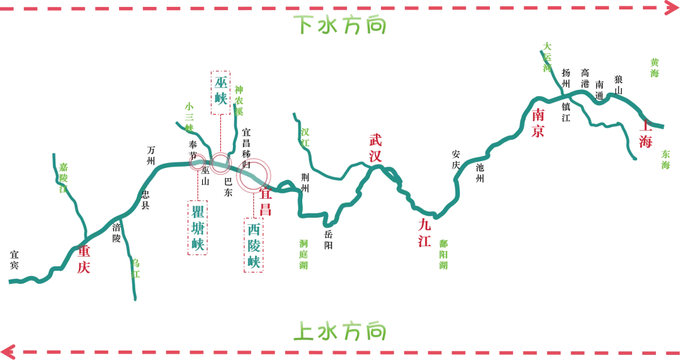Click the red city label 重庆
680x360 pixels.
[x=82, y=259]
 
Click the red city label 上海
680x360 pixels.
[x=645, y=135]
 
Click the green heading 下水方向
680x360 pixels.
[x=341, y=26]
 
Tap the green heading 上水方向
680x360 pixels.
[x=341, y=330]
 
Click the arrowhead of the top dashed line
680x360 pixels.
[x=669, y=9]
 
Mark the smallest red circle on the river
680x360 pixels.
[x=198, y=162]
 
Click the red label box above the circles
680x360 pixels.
[x=220, y=93]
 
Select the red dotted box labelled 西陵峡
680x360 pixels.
[x=253, y=246]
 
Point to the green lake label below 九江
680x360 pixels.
[x=443, y=254]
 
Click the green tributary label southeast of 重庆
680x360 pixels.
[x=137, y=269]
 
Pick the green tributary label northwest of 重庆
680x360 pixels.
[x=63, y=176]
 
